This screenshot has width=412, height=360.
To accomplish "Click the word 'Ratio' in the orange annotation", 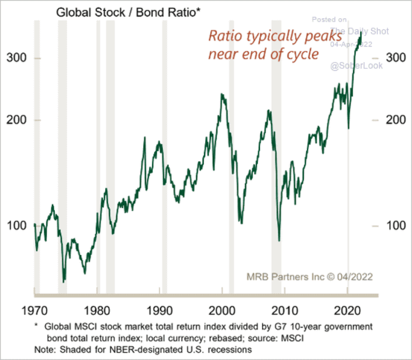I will pyautogui.click(x=224, y=36).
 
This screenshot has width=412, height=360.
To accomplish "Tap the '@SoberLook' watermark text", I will pyautogui.click(x=356, y=65).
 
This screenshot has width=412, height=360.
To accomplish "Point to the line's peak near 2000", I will pyautogui.click(x=222, y=94).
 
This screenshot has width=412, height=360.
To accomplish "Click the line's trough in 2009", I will pyautogui.click(x=279, y=240).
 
